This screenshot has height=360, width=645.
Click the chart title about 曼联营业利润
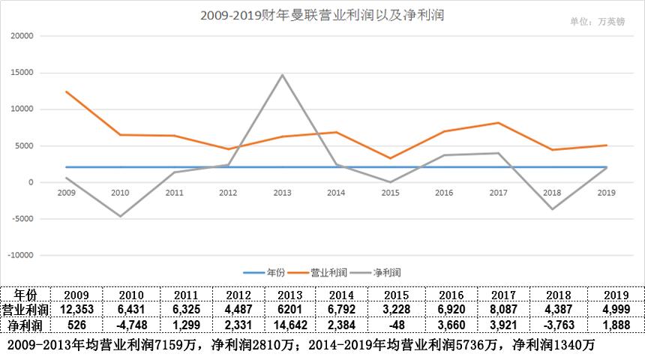tap(322, 15)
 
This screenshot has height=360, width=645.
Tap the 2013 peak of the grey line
tap(282, 75)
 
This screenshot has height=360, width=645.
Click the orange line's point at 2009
tap(66, 91)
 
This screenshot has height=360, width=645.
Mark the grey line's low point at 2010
tap(120, 217)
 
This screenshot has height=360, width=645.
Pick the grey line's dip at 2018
tap(552, 209)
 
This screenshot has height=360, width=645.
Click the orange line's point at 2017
tap(498, 123)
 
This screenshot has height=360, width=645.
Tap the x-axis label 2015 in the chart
tap(390, 193)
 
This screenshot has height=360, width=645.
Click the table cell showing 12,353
tap(76, 310)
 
